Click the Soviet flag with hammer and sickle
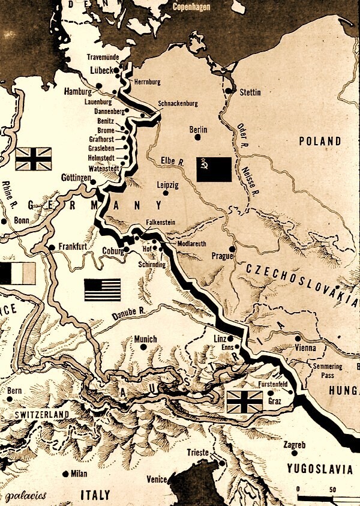214,170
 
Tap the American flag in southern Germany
102,290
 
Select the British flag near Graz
244,402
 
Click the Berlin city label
198,129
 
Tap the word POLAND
320,142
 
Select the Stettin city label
250,92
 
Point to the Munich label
145,339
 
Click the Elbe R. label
173,160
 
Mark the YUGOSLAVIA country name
319,468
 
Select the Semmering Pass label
328,370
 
